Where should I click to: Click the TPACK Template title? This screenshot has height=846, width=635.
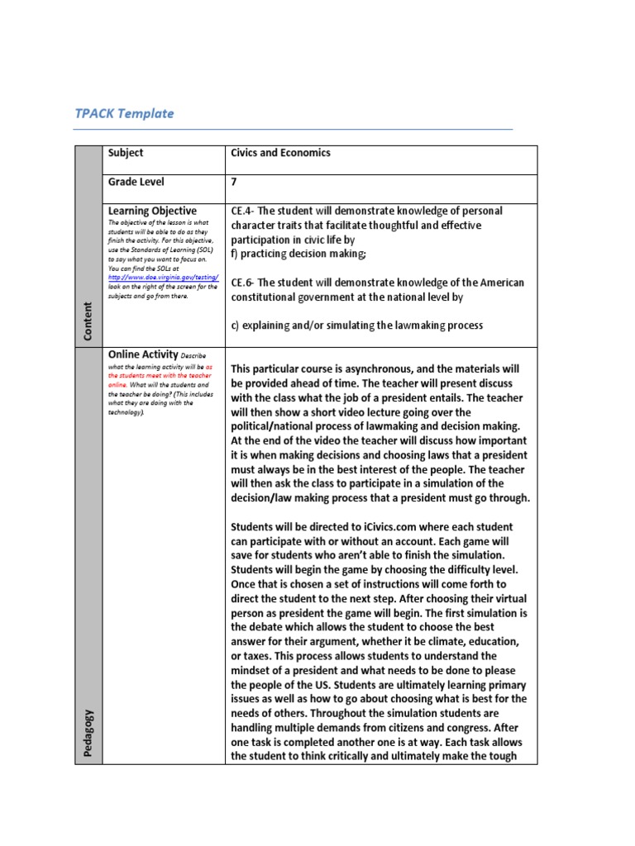click(x=124, y=113)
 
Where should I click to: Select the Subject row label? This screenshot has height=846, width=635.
click(x=125, y=153)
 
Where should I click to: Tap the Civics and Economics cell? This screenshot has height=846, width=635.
click(x=280, y=153)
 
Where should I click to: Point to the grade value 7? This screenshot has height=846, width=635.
click(x=234, y=182)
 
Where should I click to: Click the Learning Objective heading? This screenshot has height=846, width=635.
click(x=152, y=211)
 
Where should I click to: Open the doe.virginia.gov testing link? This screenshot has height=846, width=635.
click(x=163, y=278)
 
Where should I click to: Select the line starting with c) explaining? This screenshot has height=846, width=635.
click(x=356, y=326)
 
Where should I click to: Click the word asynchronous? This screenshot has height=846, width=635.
click(x=365, y=368)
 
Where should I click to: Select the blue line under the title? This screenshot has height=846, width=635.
click(x=294, y=130)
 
